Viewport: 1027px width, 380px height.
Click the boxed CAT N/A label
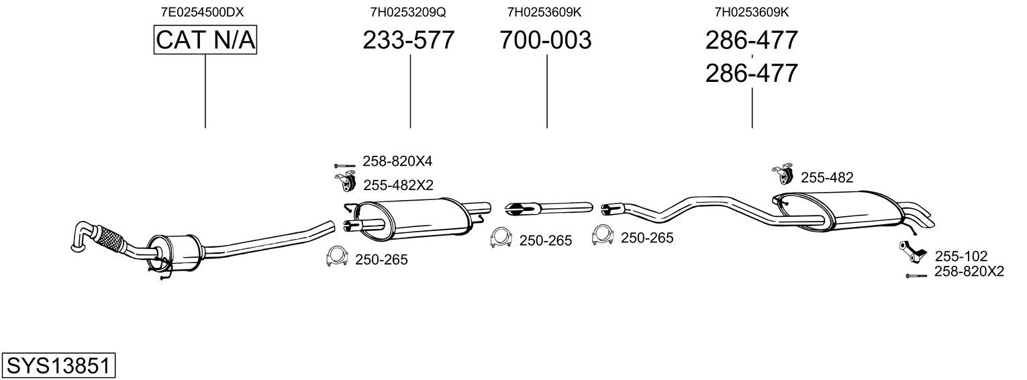click(x=205, y=40)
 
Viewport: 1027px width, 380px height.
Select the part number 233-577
click(x=409, y=40)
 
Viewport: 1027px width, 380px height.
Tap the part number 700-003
click(x=546, y=40)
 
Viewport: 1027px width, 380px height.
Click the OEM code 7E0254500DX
click(x=202, y=12)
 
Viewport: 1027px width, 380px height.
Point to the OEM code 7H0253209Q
click(x=408, y=12)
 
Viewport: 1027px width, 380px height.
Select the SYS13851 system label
click(x=58, y=365)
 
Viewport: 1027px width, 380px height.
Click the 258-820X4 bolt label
click(x=397, y=161)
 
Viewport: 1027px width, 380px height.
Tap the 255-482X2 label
click(x=398, y=185)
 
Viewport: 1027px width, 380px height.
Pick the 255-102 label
click(x=961, y=256)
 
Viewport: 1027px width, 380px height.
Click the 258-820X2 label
click(x=969, y=271)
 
